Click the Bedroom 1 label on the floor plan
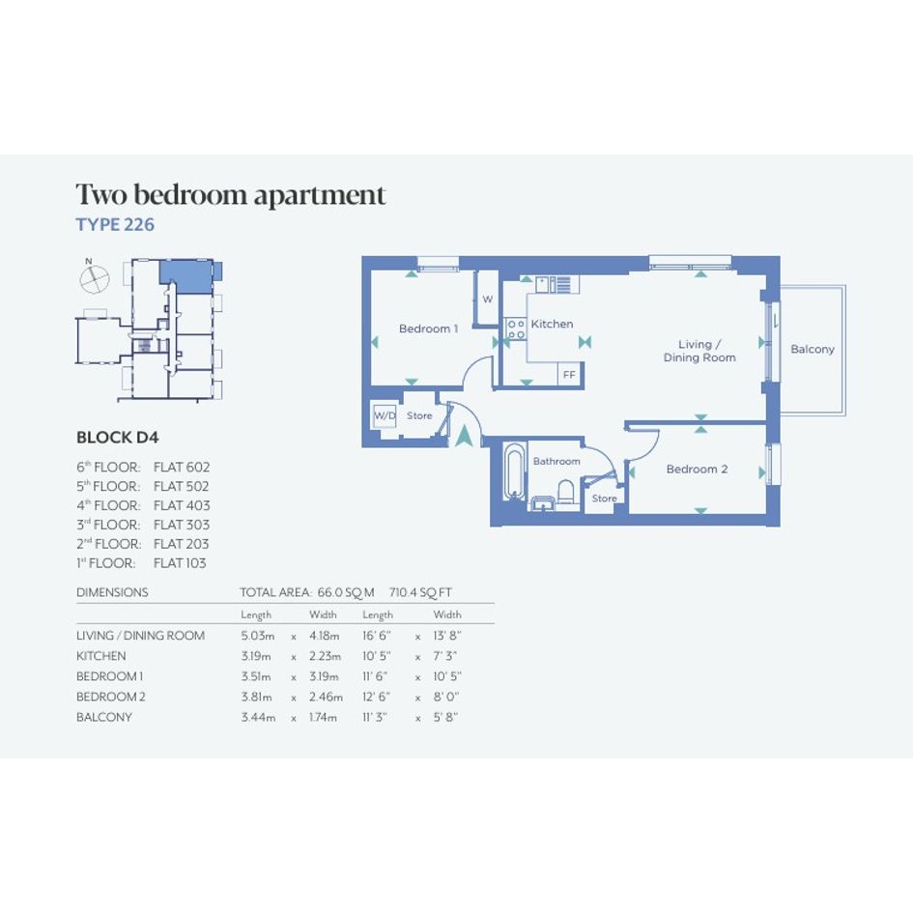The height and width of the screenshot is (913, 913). point(429,328)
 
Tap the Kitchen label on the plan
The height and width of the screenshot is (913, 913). point(552,324)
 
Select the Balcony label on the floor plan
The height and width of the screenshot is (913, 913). point(813,350)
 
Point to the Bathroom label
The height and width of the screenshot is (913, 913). point(556,461)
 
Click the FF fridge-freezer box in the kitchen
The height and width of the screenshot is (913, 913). point(569,375)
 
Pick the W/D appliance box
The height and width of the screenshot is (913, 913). point(385,415)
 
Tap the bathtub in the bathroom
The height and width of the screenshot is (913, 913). point(513,471)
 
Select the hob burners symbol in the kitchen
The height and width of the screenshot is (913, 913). point(516,328)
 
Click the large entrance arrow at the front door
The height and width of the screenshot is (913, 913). point(464,436)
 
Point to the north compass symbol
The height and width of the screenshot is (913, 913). point(94,276)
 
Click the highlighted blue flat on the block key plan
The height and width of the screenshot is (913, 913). point(187,276)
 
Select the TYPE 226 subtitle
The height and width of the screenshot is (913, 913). point(115,225)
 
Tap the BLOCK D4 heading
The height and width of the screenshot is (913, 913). point(118,438)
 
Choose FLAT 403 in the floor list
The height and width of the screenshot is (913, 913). point(182,505)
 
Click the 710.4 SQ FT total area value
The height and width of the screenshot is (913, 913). point(420,593)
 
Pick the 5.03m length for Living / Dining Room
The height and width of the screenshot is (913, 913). point(257,636)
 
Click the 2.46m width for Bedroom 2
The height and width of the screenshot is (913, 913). point(327,697)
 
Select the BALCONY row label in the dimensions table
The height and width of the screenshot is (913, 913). point(104,717)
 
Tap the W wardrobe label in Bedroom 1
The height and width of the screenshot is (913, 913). point(488,300)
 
